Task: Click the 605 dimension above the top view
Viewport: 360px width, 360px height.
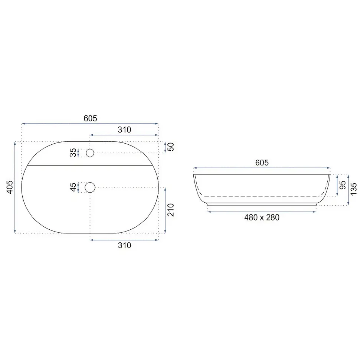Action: click(x=90, y=118)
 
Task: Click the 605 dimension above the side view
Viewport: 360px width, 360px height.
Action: click(x=262, y=163)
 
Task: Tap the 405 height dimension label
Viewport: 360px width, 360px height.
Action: click(x=10, y=187)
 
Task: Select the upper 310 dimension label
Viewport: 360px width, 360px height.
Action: click(x=124, y=130)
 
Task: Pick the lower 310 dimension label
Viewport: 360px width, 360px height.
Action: click(x=124, y=245)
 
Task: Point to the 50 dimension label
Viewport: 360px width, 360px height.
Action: click(x=171, y=147)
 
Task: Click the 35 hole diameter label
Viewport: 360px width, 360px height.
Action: click(x=73, y=153)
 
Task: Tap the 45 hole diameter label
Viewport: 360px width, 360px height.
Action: click(x=73, y=187)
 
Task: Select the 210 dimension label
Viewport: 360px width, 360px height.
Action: click(x=171, y=210)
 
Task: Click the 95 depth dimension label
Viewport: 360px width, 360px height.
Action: click(x=343, y=185)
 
